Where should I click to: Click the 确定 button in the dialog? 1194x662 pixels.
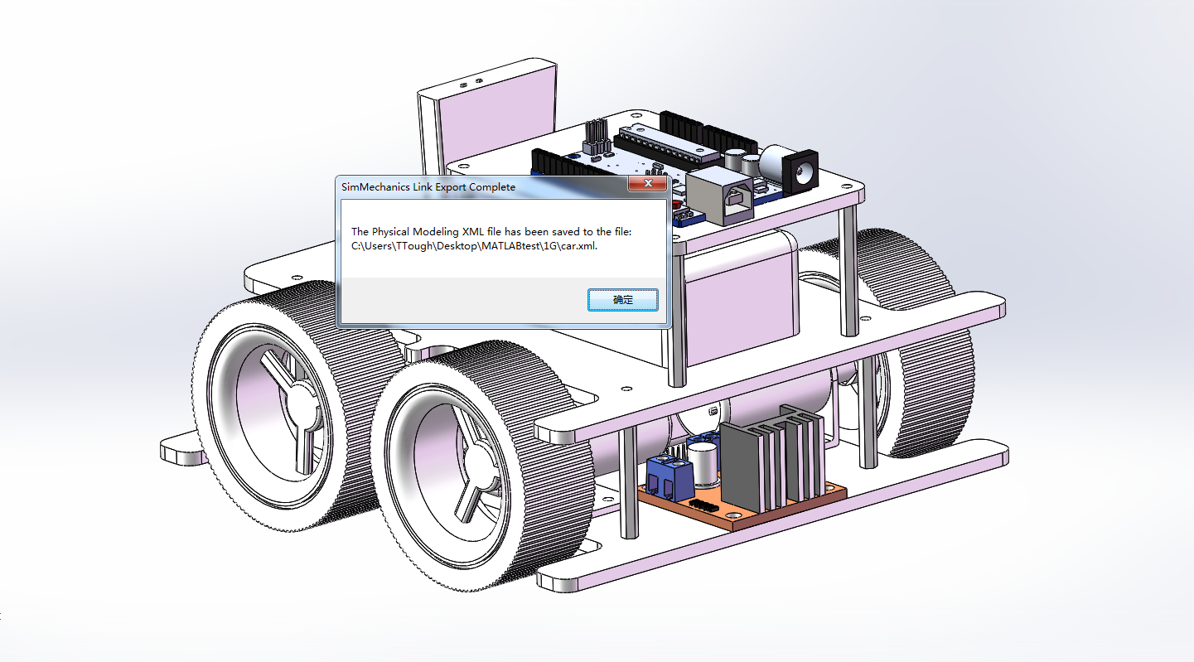[x=622, y=300]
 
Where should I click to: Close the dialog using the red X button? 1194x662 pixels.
[x=648, y=183]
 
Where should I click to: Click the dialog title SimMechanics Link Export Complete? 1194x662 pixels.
[x=428, y=187]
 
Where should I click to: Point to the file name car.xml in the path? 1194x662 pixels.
[x=579, y=246]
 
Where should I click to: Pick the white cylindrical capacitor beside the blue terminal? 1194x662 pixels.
[x=703, y=465]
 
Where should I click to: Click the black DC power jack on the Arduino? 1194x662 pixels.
[x=800, y=171]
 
